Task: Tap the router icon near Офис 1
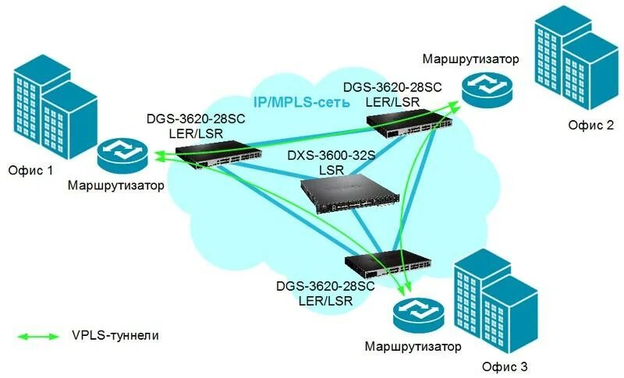pyautogui.click(x=122, y=157)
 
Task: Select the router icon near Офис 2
pyautogui.click(x=484, y=90)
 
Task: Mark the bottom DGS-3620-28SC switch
pyautogui.click(x=388, y=269)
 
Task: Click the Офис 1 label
pyautogui.click(x=30, y=170)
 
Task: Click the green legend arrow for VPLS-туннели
pyautogui.click(x=38, y=336)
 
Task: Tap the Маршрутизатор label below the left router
pyautogui.click(x=116, y=185)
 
